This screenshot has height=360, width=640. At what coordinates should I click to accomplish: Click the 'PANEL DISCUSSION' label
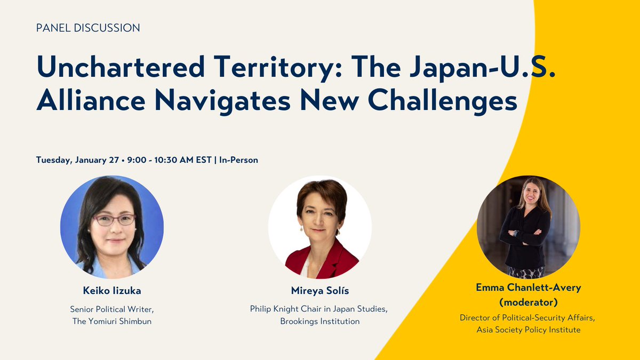point(88,28)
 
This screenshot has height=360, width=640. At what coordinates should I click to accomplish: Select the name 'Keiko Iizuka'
point(111,291)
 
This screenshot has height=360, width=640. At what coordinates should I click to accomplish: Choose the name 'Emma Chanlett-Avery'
point(528,287)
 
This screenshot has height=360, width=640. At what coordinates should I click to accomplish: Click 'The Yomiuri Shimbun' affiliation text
point(111,321)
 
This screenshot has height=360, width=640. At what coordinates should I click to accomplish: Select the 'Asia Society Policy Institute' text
point(528,330)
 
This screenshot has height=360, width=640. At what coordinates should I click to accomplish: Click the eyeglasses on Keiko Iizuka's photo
point(113,220)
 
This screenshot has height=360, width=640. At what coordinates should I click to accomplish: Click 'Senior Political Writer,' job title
point(111,308)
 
